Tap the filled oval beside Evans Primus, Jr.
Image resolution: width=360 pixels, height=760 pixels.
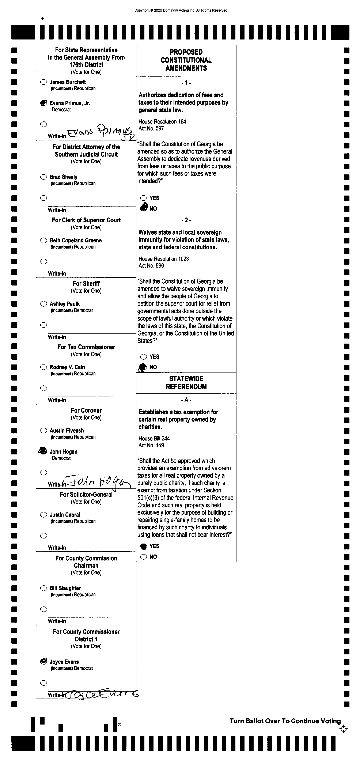[43, 103]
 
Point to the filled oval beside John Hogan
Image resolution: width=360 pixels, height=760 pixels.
[43, 451]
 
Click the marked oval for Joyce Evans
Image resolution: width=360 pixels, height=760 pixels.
[43, 661]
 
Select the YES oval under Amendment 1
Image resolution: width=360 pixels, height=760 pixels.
[143, 198]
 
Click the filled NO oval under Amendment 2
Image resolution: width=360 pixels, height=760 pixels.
[143, 367]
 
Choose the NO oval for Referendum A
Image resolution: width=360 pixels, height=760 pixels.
[143, 557]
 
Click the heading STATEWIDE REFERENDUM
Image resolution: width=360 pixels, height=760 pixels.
[186, 383]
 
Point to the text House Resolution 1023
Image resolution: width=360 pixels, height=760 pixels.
[163, 259]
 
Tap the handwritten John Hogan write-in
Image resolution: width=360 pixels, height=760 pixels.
[97, 482]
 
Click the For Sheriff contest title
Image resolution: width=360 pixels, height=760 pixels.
[86, 284]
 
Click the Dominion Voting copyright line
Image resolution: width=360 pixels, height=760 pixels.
[181, 10]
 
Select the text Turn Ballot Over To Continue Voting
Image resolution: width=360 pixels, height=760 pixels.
[285, 721]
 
